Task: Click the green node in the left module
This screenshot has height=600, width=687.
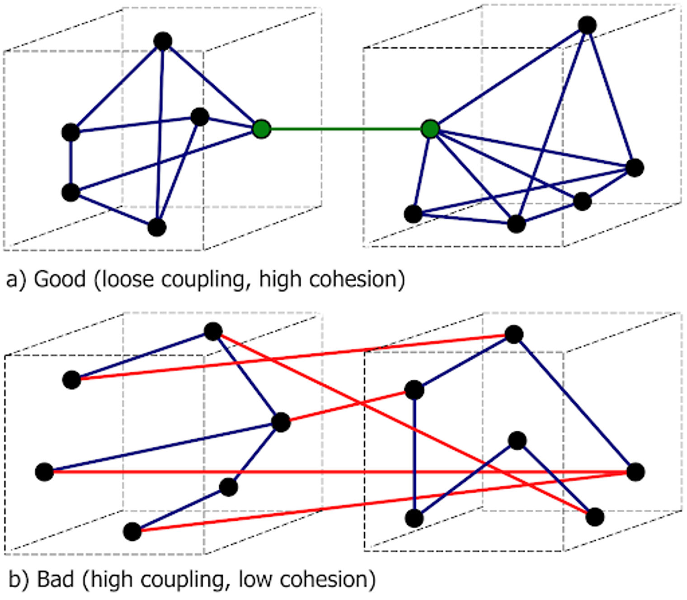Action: [x=262, y=129]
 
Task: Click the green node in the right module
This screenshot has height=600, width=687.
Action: [x=430, y=129]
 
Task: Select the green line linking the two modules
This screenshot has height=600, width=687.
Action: [x=346, y=129]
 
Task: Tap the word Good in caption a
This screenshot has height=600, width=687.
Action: [x=60, y=279]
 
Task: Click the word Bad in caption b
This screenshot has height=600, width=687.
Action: [x=55, y=579]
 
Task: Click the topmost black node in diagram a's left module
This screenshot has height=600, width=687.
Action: [x=163, y=41]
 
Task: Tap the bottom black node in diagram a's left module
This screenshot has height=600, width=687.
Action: [x=157, y=227]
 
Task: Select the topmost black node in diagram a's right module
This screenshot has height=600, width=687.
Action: [x=587, y=25]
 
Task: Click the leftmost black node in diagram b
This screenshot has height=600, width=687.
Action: [x=44, y=472]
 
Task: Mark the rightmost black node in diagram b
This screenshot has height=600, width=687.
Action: [x=635, y=472]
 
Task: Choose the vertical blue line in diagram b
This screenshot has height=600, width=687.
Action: [x=414, y=454]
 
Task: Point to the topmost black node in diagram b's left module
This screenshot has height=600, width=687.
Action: [x=213, y=331]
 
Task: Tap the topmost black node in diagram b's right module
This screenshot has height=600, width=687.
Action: [x=514, y=335]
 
